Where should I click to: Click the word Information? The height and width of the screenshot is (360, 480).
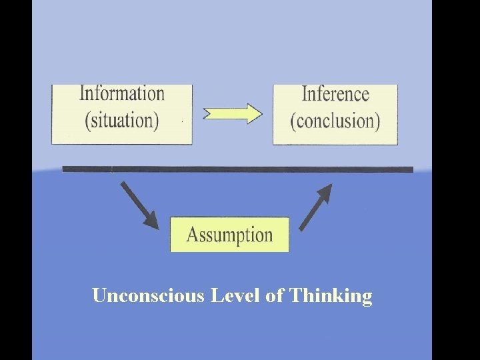coord(122,94)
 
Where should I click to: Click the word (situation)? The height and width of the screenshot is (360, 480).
coord(122,121)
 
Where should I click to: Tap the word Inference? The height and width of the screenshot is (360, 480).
coord(335,94)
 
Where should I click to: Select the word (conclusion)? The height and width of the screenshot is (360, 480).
coord(335,121)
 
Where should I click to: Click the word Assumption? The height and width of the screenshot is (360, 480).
coord(229,235)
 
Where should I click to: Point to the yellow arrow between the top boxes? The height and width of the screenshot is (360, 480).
coord(233,113)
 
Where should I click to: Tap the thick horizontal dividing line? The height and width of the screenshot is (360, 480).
coord(237,169)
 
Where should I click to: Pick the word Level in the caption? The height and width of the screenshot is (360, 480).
coord(235,295)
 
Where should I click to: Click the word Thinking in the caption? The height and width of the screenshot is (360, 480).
coord(331,296)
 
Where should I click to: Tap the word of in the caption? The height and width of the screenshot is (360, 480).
coord(274,295)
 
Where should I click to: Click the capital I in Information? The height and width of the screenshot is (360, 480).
coord(83,93)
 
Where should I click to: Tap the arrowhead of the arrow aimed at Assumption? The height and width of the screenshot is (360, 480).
coord(152,221)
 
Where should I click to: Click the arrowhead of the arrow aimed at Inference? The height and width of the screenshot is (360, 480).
coord(325,192)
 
